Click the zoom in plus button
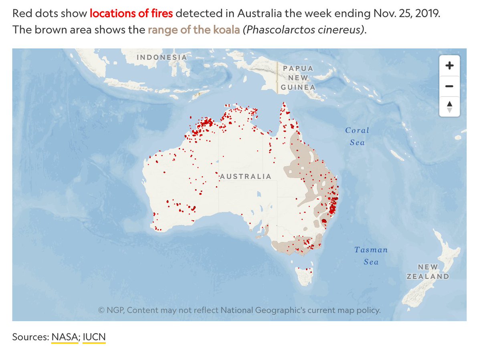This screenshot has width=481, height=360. pos(449,65)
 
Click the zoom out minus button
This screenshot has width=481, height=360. pos(449,86)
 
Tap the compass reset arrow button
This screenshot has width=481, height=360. pos(449,107)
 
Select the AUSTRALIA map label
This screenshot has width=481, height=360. pos(246,176)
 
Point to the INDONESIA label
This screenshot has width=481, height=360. pos(162,57)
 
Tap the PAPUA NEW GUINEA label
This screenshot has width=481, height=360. pos(298,78)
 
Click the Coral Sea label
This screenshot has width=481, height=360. pos(357,136)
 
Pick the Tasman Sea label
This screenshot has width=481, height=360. pos(371,255)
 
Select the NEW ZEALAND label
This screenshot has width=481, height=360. pos(428,272)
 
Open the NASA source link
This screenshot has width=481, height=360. pos(64,337)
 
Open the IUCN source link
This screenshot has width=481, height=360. pos(94,337)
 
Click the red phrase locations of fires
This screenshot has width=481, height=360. pos(131,14)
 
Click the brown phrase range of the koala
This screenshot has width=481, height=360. pos(194,30)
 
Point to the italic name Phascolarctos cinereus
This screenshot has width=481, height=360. pos(304,30)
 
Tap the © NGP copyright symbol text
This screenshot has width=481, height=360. pos(111,310)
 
